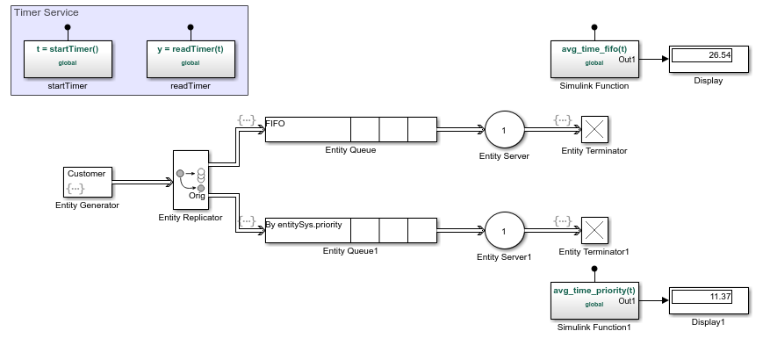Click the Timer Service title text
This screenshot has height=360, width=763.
[47, 13]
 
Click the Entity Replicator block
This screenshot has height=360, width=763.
[191, 180]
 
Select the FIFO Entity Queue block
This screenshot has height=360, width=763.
[350, 129]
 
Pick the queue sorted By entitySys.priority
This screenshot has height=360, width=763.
[350, 231]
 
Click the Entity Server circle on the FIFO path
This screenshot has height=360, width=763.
[504, 130]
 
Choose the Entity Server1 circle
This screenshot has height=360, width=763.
[504, 232]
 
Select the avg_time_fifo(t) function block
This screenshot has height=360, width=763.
[594, 59]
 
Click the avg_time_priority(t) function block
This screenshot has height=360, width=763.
[594, 300]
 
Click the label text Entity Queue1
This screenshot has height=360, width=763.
[349, 251]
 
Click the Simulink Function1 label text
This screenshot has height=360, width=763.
[594, 328]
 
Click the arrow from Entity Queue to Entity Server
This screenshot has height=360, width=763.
[459, 130]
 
